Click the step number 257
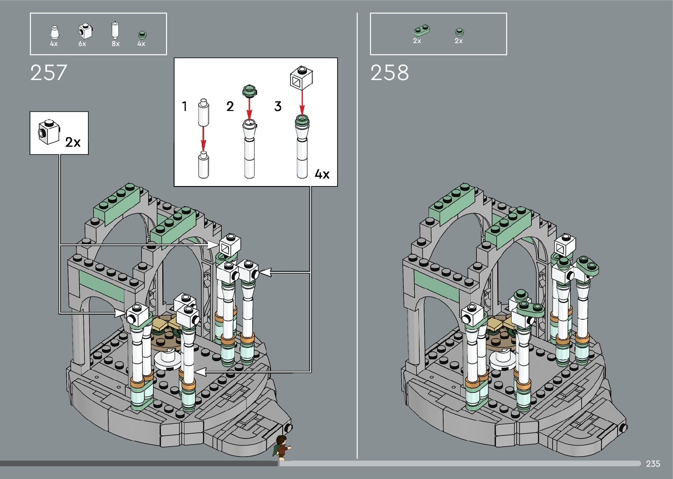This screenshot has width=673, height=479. (48, 73)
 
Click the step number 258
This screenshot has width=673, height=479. (389, 73)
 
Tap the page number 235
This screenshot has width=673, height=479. (653, 464)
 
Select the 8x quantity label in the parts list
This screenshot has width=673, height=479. (116, 44)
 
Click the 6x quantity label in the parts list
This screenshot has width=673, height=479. (82, 44)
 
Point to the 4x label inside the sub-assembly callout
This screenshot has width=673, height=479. (322, 174)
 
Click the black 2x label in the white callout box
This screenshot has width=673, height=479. (73, 142)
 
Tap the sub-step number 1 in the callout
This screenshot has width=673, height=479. (185, 106)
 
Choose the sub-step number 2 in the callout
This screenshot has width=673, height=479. (230, 106)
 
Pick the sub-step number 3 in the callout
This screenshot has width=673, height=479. (278, 106)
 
